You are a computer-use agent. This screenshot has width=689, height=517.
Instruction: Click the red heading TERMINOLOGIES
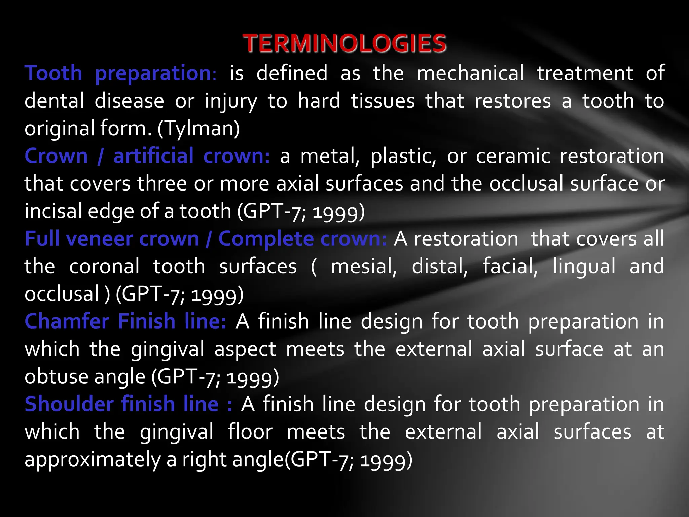(344, 43)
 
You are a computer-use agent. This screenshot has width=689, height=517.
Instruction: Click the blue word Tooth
(53, 73)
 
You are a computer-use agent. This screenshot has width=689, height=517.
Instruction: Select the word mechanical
(470, 73)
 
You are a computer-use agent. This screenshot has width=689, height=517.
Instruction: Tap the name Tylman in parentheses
(198, 129)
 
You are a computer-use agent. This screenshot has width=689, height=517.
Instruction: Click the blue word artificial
(153, 156)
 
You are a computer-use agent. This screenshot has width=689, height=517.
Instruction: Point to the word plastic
(403, 156)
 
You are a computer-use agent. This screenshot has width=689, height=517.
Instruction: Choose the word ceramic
(513, 156)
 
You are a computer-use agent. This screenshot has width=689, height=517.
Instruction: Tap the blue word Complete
(266, 239)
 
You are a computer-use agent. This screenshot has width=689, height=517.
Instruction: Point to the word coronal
(104, 266)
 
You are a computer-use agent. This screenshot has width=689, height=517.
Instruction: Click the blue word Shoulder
(69, 404)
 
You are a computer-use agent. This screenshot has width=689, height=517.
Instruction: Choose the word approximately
(93, 459)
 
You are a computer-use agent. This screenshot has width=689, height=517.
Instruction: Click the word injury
(231, 101)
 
